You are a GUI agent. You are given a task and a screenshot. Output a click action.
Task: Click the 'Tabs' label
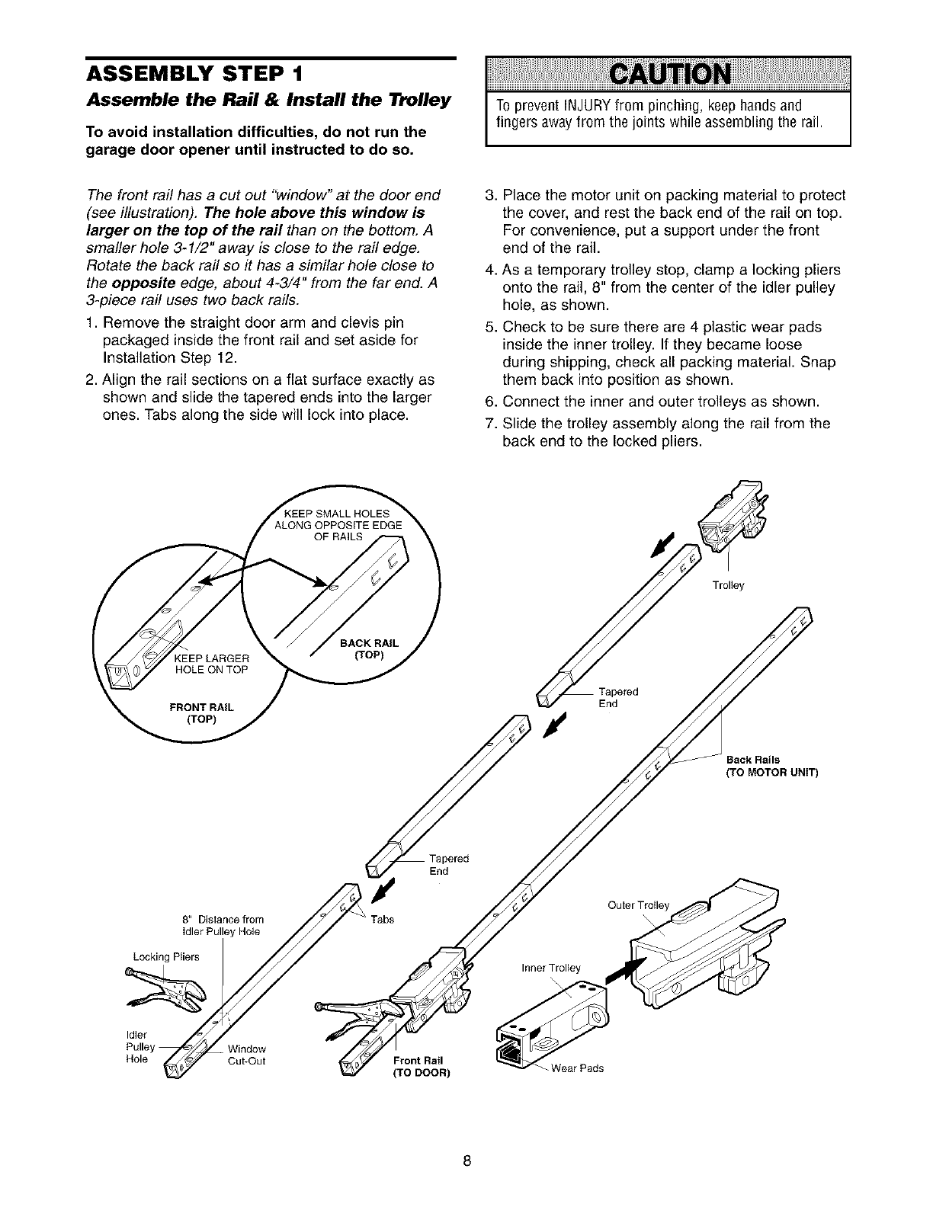pyautogui.click(x=382, y=920)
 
